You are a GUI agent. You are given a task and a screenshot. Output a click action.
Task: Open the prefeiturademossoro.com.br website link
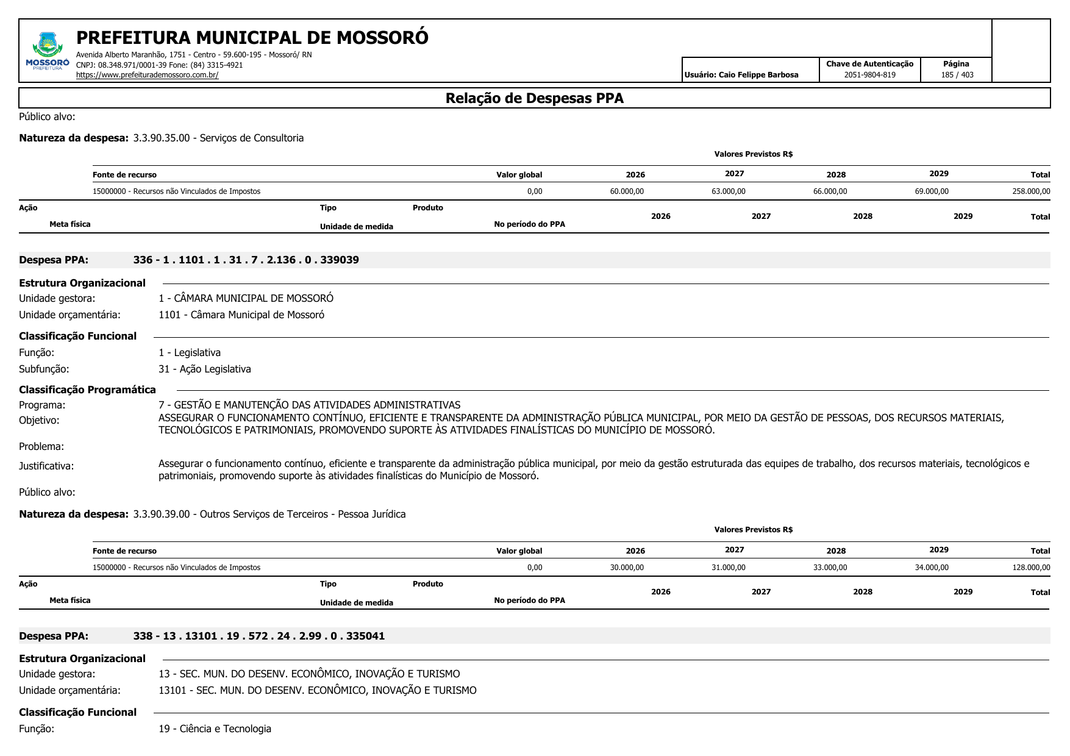click(x=147, y=75)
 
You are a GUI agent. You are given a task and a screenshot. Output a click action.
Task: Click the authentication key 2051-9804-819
click(x=869, y=75)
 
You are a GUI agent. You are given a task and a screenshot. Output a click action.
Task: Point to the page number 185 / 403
click(x=957, y=75)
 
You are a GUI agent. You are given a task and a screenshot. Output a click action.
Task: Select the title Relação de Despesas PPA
click(x=534, y=98)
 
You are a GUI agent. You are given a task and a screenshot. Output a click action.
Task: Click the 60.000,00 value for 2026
click(x=626, y=191)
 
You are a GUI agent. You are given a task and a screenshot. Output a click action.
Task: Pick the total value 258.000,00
click(x=1030, y=191)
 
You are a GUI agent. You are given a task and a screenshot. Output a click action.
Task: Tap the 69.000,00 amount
click(x=931, y=191)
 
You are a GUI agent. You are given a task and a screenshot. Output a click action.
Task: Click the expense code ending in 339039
click(x=246, y=260)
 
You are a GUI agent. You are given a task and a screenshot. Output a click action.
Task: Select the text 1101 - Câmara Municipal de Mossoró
click(x=241, y=315)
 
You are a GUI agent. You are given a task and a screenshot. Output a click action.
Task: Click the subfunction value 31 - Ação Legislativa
click(x=204, y=369)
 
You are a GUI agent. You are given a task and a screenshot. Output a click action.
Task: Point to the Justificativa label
click(x=46, y=466)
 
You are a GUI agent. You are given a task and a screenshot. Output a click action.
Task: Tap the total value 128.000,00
click(x=1030, y=568)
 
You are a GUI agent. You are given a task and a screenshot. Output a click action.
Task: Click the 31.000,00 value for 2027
click(x=728, y=568)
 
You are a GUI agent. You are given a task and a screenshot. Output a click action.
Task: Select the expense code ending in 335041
click(x=259, y=636)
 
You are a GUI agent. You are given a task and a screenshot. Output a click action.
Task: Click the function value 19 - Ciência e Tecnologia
click(x=215, y=729)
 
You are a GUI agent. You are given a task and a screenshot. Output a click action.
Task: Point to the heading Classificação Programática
click(x=87, y=390)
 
